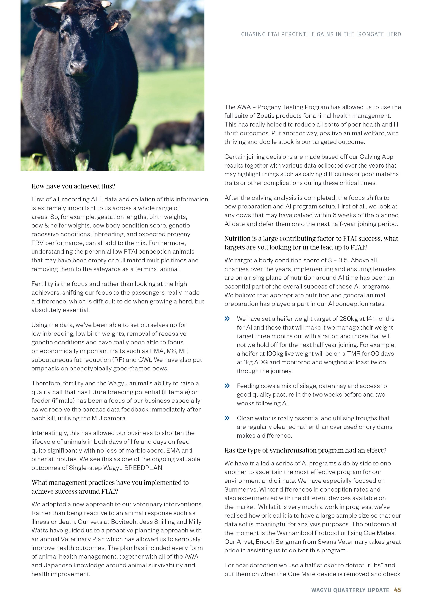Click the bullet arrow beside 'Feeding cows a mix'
(227, 386)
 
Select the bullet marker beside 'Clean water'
(227, 418)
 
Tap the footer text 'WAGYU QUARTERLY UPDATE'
(350, 590)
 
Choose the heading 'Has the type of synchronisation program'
(305, 450)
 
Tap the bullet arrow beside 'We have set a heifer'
(227, 319)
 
